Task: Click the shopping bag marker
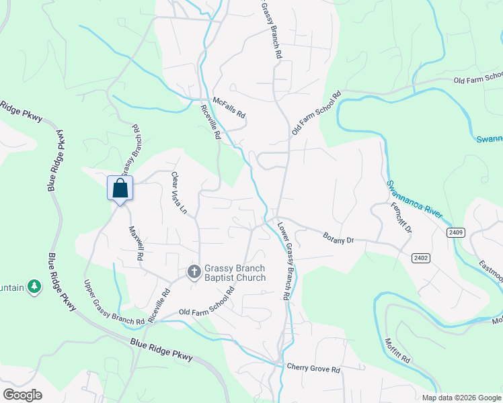click(x=120, y=188)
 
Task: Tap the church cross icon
click(x=194, y=272)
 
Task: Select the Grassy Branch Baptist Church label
click(x=226, y=273)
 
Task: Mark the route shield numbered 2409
click(x=455, y=232)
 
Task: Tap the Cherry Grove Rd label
click(x=313, y=369)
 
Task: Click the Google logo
click(x=22, y=394)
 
